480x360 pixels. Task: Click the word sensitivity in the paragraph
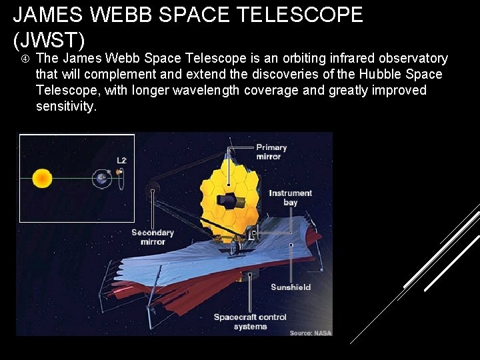(x=66, y=106)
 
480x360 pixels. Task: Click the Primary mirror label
(x=271, y=152)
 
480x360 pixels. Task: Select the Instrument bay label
(x=290, y=197)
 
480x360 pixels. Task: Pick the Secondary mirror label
(x=153, y=237)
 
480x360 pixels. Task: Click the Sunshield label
(x=291, y=287)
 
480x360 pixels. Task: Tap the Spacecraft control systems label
(x=250, y=321)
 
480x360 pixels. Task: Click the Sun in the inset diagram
(x=42, y=178)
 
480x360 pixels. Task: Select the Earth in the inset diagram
(x=101, y=177)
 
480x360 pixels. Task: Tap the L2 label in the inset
(x=121, y=160)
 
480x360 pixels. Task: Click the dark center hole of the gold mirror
(x=231, y=200)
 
